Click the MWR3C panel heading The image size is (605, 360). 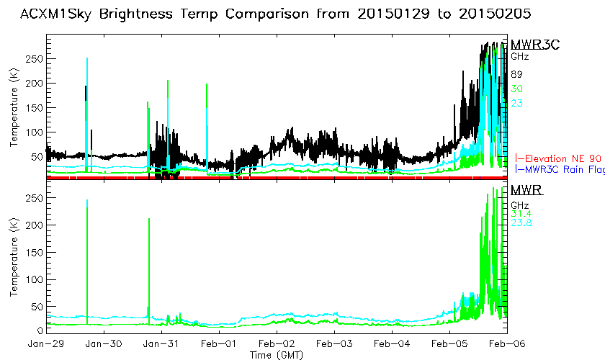[534, 45]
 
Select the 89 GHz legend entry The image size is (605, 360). [516, 74]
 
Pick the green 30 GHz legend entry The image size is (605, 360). [516, 89]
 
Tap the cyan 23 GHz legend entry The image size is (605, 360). [516, 103]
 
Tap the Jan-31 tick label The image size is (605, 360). [161, 343]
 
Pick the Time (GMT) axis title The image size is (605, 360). [277, 354]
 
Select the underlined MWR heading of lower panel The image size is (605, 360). [526, 190]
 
